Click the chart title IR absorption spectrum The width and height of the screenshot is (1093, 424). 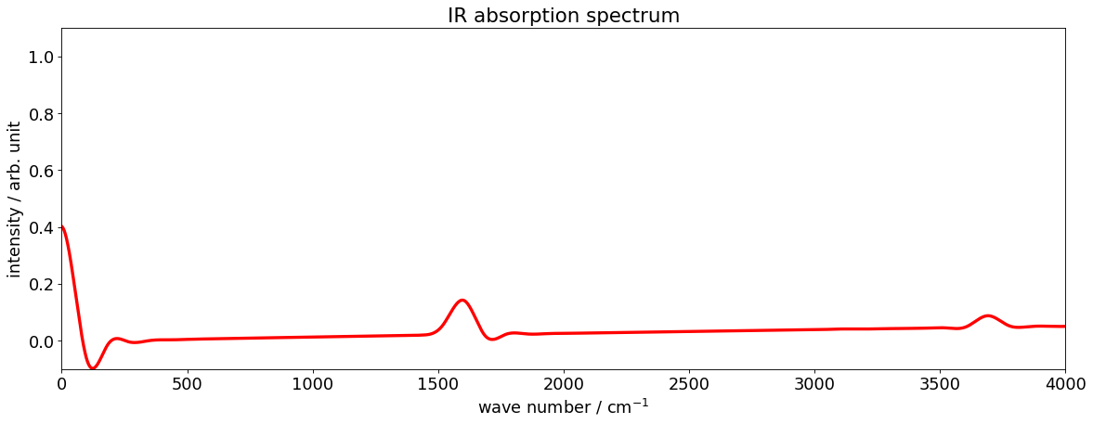point(564,15)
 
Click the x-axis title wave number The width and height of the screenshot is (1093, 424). point(564,406)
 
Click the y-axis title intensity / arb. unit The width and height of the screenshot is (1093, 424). point(14,199)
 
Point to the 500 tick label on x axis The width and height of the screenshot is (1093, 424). point(188,383)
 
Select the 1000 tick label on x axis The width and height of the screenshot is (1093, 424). point(313,383)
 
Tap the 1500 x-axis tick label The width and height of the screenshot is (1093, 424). point(438,383)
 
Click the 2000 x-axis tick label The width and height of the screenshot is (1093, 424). point(564,383)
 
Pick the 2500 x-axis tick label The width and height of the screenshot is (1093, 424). point(689,383)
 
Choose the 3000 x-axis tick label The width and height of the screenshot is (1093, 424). point(814,383)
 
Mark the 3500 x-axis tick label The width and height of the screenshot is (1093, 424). point(940,383)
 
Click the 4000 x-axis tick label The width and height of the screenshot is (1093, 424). point(1065,383)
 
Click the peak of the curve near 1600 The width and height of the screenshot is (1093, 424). point(462,300)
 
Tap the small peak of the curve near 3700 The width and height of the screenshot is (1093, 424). point(988,315)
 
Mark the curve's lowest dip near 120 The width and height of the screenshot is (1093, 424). point(92,368)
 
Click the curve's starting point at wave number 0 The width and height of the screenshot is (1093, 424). point(62,226)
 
